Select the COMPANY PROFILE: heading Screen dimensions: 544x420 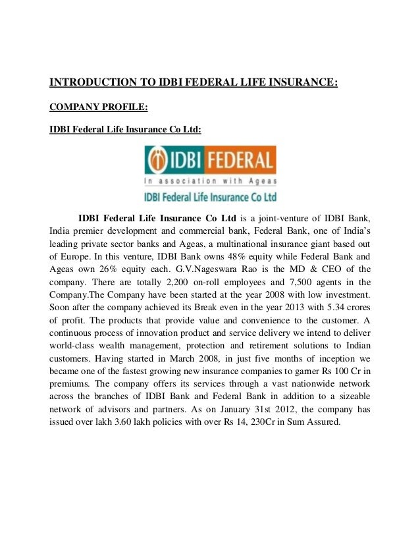pyautogui.click(x=93, y=107)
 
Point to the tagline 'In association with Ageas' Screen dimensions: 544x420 pyautogui.click(x=211, y=180)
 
